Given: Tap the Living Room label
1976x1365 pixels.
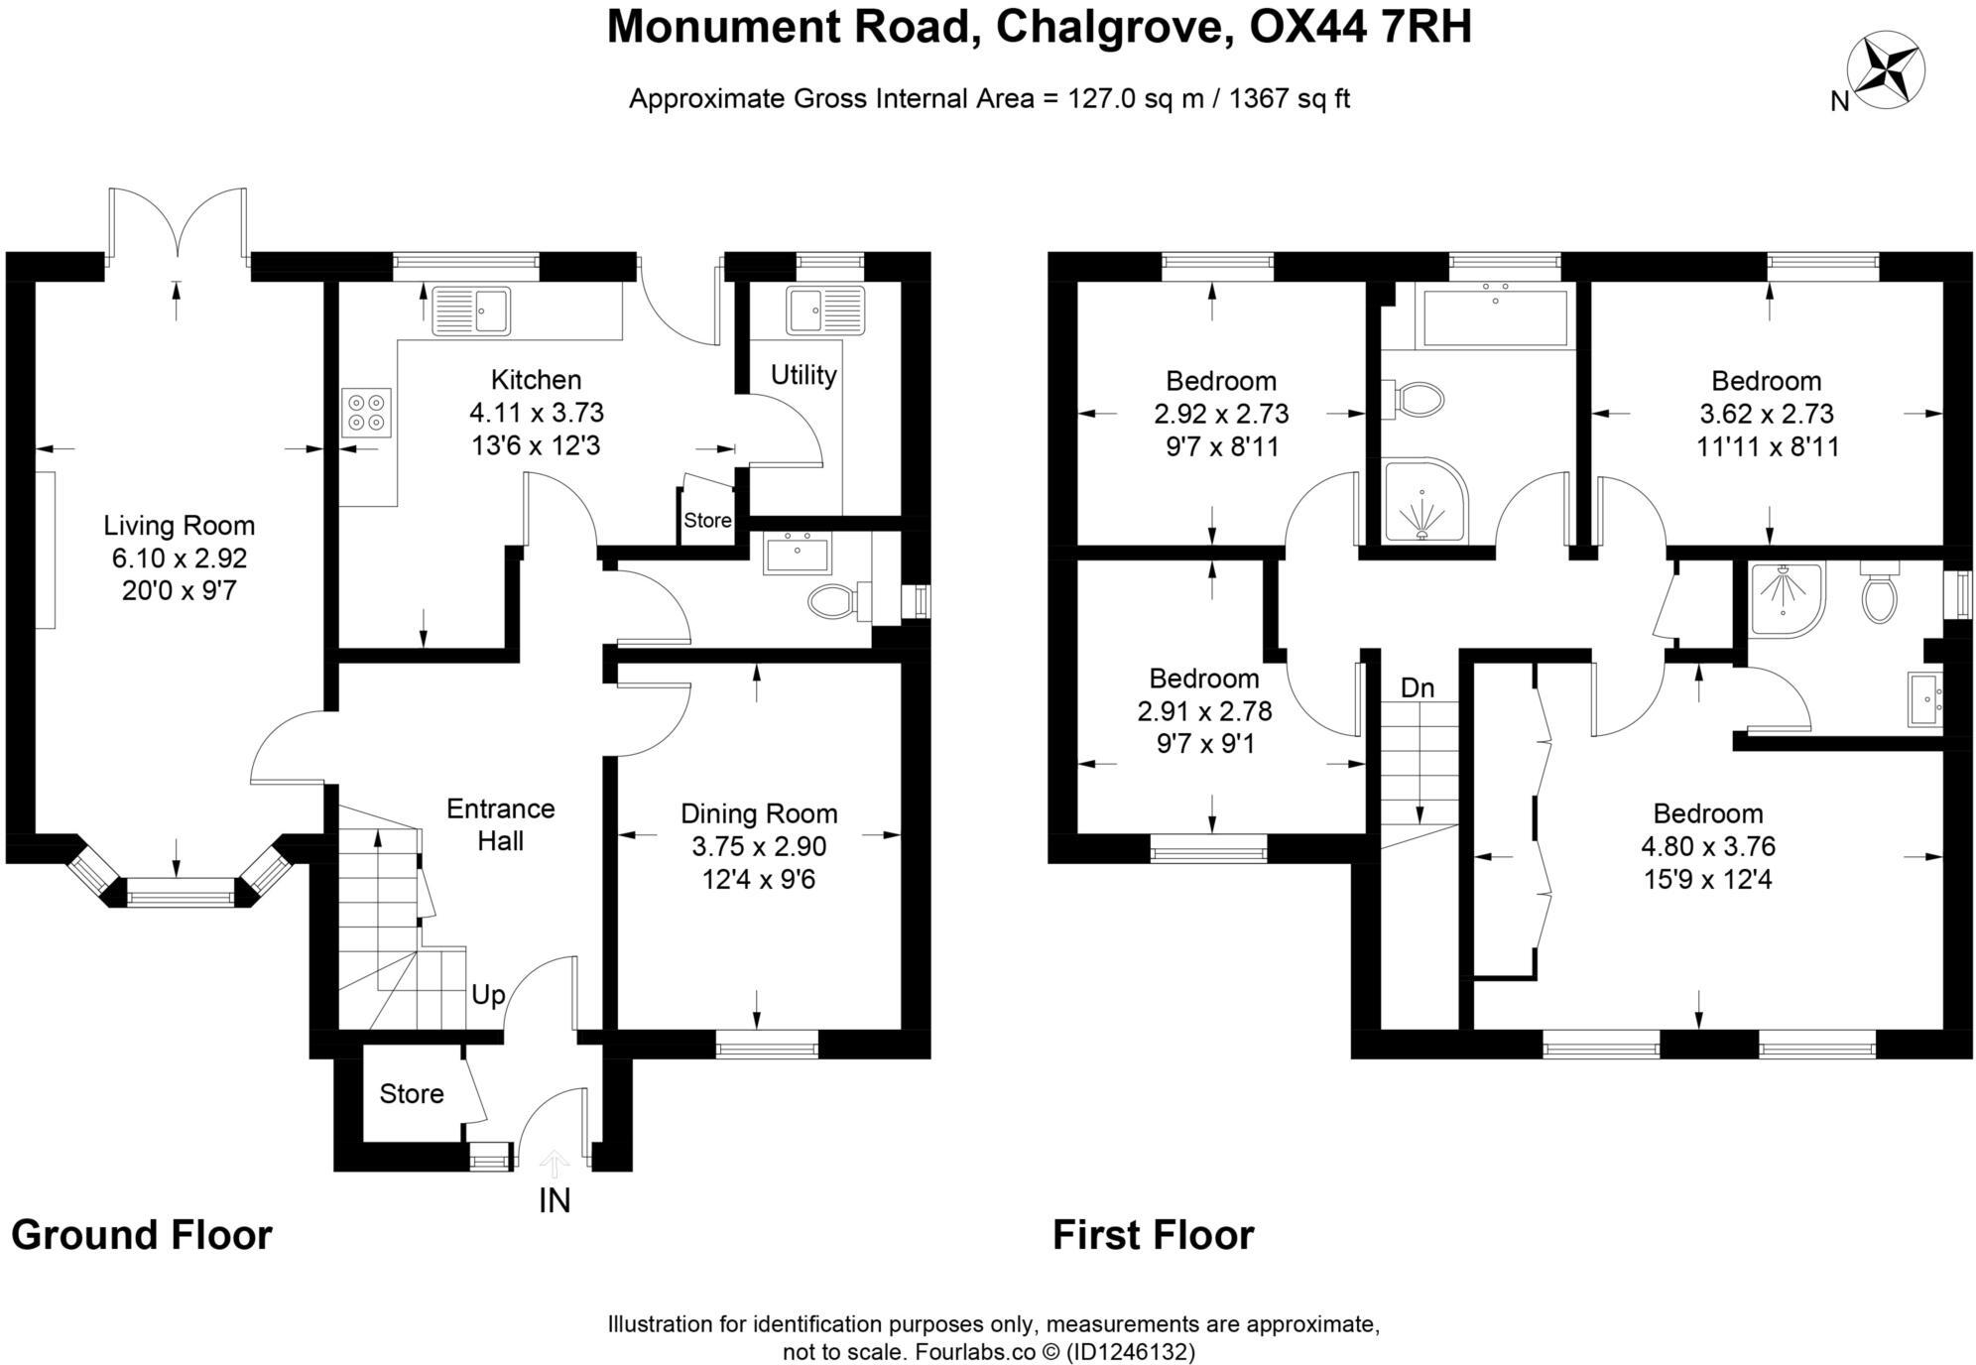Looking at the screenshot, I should [180, 526].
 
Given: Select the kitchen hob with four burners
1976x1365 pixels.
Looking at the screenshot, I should [367, 413].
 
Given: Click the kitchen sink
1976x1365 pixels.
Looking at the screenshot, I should [471, 310].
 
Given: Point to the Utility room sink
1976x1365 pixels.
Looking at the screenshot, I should [825, 310].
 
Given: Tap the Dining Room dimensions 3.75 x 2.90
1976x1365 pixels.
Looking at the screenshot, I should [759, 846].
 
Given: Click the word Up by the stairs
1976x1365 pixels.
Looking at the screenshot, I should [488, 994].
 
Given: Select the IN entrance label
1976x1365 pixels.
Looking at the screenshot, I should [555, 1201].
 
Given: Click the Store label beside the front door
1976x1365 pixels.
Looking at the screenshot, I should [411, 1093].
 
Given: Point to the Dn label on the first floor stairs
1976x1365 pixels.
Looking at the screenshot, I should [1418, 687].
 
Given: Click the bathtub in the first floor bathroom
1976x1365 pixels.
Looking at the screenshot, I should [1495, 317].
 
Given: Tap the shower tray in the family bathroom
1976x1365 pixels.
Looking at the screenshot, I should [1422, 501].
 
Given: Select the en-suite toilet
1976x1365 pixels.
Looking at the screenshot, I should [1879, 595].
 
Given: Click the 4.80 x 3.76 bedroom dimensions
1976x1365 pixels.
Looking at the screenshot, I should [1707, 846].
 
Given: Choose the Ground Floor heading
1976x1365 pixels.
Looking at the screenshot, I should [142, 1236].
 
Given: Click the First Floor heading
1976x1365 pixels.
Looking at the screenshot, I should [1153, 1236].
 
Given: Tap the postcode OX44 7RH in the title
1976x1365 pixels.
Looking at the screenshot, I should [1360, 27].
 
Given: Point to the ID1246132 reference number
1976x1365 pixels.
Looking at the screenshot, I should [1131, 1351].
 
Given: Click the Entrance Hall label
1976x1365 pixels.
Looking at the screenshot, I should [500, 824].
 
